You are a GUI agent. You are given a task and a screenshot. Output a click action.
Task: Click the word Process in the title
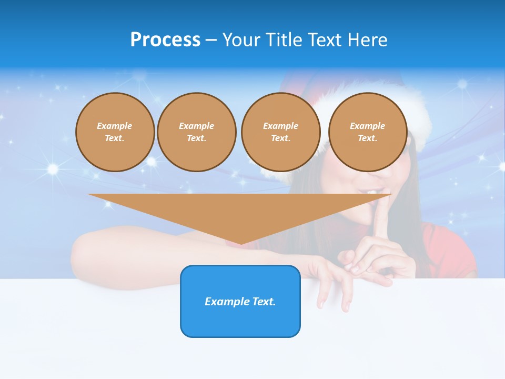[x=165, y=39]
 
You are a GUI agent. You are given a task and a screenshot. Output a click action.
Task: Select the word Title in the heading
[x=285, y=39]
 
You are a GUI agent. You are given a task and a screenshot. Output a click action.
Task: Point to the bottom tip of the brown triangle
[x=241, y=243]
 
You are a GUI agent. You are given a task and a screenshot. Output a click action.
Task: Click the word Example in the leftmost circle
[x=115, y=126]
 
